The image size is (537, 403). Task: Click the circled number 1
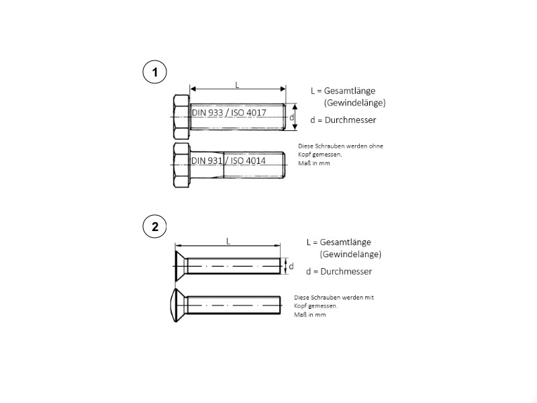point(154,73)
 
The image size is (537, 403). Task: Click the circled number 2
point(154,226)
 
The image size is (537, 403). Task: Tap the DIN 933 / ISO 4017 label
point(229,112)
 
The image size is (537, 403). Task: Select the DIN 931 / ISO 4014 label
point(228,161)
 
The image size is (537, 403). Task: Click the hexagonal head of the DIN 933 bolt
point(181,117)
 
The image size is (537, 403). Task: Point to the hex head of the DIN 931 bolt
point(181,165)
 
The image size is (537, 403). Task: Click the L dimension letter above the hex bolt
point(237,85)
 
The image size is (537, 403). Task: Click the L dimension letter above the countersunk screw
point(228,241)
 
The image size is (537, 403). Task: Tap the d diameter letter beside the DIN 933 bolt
point(291,118)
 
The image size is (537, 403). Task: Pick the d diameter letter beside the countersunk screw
point(291,266)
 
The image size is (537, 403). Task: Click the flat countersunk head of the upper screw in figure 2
point(181,266)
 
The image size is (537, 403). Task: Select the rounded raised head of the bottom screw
point(179,305)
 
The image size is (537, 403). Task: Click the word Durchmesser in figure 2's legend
point(346,271)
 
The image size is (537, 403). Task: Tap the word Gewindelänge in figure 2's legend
point(350,255)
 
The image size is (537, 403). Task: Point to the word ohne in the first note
point(376,146)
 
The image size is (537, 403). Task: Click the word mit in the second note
point(369,298)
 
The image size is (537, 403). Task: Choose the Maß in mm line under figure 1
point(314,163)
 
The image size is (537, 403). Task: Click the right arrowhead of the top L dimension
point(283,89)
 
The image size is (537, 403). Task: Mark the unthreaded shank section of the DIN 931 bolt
point(207,165)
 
